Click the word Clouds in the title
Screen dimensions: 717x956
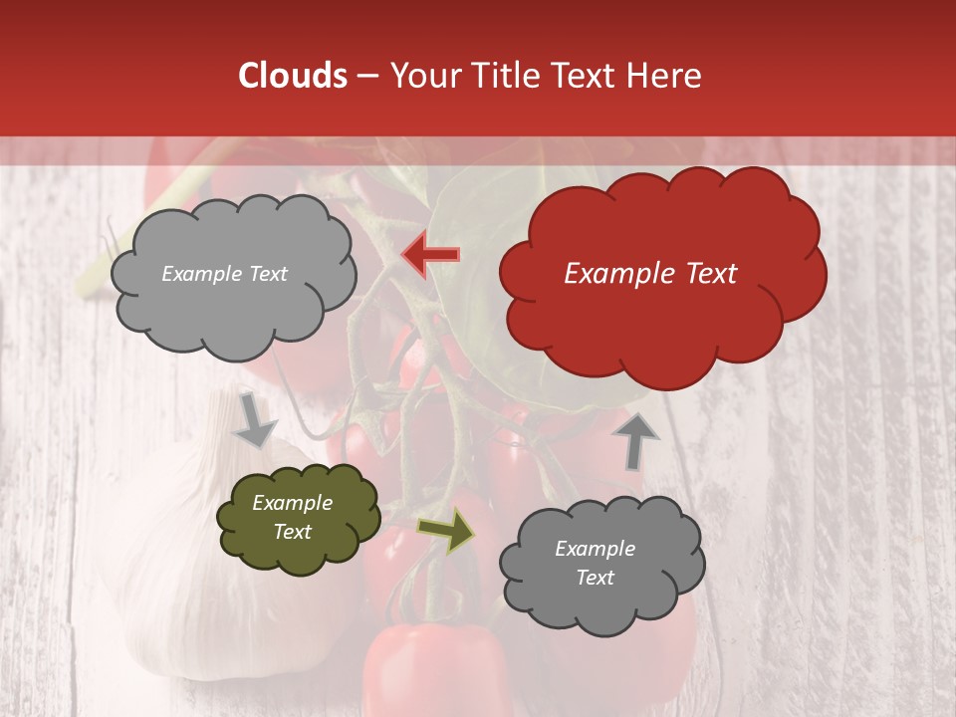[x=293, y=76]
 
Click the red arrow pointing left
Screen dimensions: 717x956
[x=430, y=255]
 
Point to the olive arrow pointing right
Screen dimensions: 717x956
[x=446, y=532]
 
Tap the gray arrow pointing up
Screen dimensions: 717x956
[x=635, y=440]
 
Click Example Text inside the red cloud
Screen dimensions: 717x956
[x=650, y=274]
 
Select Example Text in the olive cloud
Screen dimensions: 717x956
[x=293, y=517]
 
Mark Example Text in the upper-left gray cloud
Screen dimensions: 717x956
[x=224, y=274]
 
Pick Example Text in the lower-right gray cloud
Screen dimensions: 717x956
[x=595, y=563]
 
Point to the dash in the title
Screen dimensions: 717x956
[x=368, y=76]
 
